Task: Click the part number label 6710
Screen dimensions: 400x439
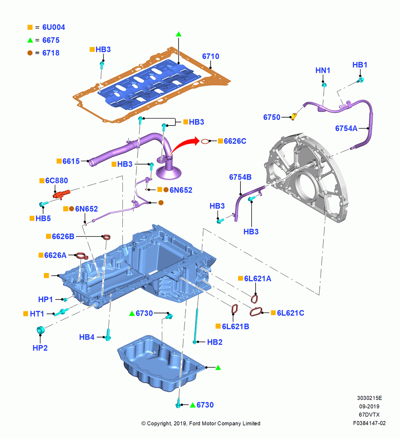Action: tap(211, 56)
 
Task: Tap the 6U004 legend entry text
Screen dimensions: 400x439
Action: tap(54, 27)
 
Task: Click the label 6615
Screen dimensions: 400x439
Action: tap(71, 161)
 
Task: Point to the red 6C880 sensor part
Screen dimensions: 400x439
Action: tap(61, 194)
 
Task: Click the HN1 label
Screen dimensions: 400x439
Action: tap(323, 70)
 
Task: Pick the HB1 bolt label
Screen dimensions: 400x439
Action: tap(360, 65)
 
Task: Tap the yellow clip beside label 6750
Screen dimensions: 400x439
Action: tap(294, 116)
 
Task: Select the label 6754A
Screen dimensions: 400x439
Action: tap(346, 128)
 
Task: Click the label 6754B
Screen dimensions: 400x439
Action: tap(240, 177)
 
